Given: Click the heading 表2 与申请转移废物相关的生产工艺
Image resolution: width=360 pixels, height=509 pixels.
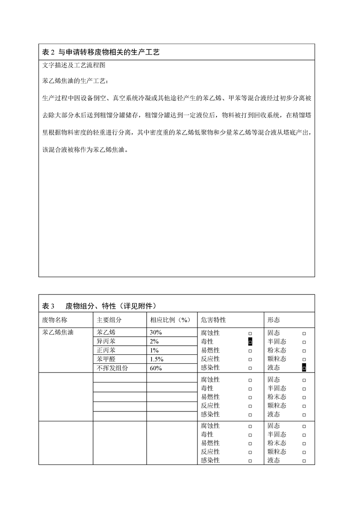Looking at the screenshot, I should click(x=101, y=53).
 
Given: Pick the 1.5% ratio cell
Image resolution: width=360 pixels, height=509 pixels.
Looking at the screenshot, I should click(x=157, y=359).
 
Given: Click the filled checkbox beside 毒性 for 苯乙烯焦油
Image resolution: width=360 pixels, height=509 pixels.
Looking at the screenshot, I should click(x=250, y=342).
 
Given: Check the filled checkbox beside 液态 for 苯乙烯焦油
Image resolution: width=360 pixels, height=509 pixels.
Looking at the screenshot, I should click(x=304, y=368).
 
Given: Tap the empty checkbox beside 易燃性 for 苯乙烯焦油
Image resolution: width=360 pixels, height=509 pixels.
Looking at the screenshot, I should click(x=250, y=351).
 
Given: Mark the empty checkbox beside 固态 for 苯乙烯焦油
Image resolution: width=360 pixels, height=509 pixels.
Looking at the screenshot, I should click(x=304, y=333).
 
